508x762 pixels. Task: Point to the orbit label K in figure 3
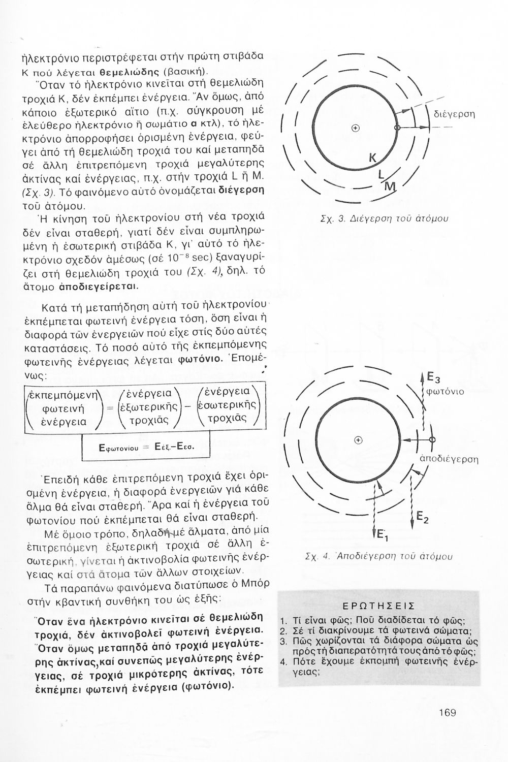(x=372, y=159)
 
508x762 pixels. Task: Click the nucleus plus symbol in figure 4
(x=359, y=440)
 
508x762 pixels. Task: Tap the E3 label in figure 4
(x=432, y=377)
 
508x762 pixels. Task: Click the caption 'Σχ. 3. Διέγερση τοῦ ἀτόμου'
(x=385, y=219)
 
